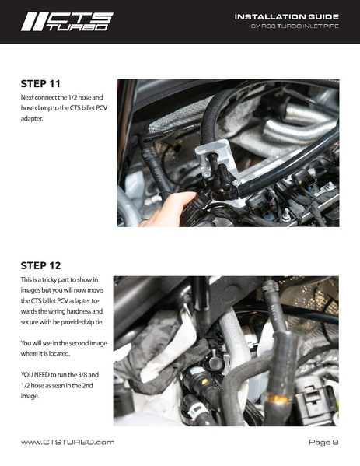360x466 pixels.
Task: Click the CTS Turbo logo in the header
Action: click(66, 21)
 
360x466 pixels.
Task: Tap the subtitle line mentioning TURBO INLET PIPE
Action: click(295, 27)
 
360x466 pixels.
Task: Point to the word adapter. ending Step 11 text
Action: click(33, 119)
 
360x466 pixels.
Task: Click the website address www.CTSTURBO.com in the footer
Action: click(68, 443)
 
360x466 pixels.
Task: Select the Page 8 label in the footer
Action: click(323, 443)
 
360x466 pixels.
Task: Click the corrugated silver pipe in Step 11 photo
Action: click(299, 128)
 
